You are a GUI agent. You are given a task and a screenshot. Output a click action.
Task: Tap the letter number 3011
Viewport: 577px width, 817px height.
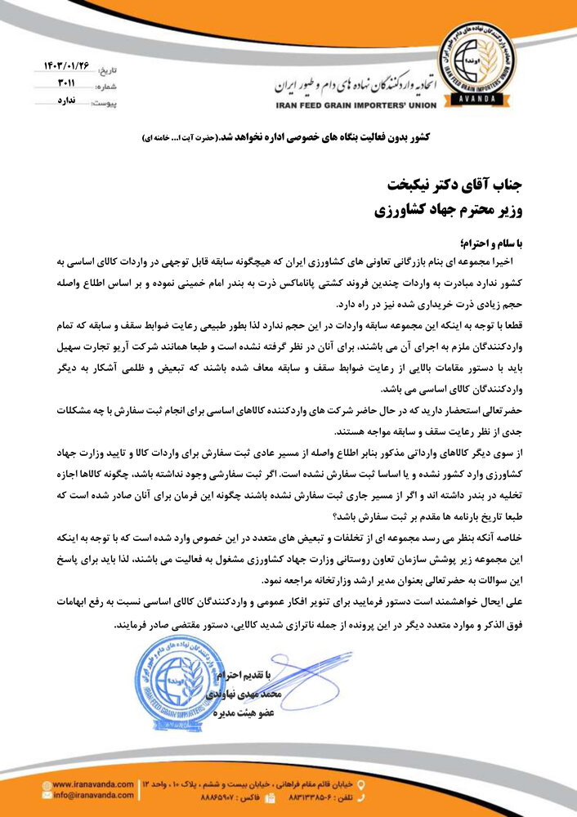(x=66, y=84)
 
